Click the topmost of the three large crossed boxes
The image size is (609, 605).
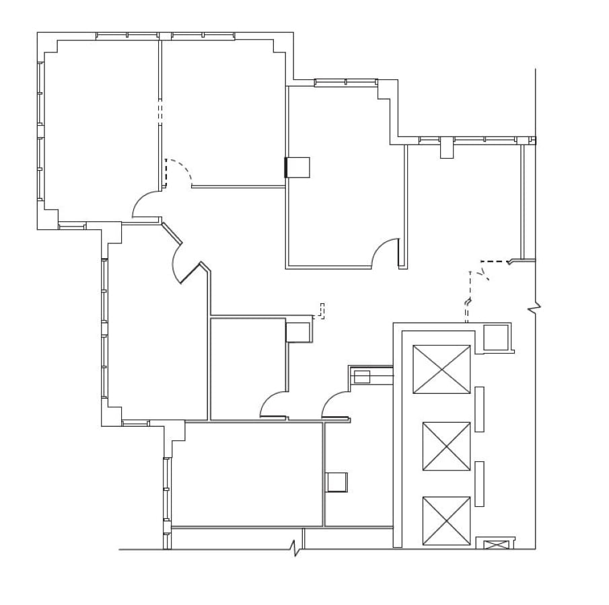pos(441,369)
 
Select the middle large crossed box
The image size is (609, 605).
pos(446,446)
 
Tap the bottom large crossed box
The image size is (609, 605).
pos(446,521)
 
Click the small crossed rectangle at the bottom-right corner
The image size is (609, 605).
pos(497,544)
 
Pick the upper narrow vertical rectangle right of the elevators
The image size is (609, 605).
pos(479,409)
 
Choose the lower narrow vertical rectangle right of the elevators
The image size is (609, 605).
pos(479,484)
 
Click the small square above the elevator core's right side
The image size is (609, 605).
pos(496,337)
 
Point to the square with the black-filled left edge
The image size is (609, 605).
pos(297,167)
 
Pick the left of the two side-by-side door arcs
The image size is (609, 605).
pos(273,404)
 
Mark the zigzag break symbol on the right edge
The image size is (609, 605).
pos(535,309)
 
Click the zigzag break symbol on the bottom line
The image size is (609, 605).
pos(295,548)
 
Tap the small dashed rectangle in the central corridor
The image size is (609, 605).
pos(322,311)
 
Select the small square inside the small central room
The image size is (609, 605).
pos(297,332)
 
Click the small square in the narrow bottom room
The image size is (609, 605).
pos(336,482)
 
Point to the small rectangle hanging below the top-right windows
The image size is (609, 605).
pos(447,149)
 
